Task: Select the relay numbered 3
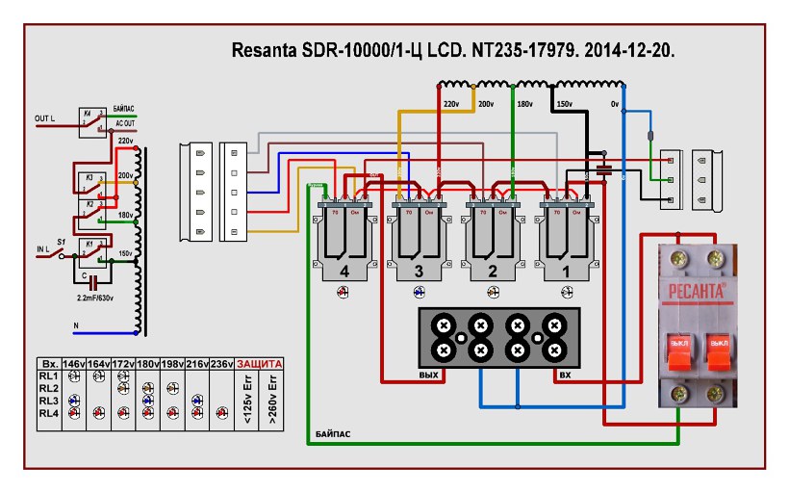(x=418, y=241)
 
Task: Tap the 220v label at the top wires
(x=449, y=102)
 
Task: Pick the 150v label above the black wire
(x=564, y=102)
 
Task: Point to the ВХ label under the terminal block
(x=566, y=374)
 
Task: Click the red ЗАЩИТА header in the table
(x=259, y=363)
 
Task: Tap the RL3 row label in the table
(x=48, y=400)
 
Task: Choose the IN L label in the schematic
(x=41, y=249)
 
